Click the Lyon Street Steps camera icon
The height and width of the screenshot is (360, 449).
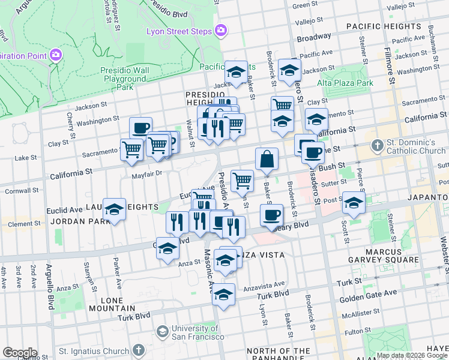click(221, 29)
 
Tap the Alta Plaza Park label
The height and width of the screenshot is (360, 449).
click(345, 83)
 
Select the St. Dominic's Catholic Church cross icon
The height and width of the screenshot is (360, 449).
click(377, 145)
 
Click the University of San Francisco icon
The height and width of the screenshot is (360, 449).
click(162, 331)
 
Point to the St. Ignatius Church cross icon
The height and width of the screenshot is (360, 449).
click(139, 350)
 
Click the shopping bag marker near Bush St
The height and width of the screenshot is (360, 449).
click(267, 160)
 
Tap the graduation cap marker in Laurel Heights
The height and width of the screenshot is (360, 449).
click(114, 210)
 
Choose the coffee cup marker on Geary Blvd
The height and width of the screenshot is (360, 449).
click(271, 215)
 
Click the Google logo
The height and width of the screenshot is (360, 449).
click(20, 353)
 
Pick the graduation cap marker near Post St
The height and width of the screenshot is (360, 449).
click(354, 203)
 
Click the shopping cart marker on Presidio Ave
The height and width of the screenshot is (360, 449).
click(243, 180)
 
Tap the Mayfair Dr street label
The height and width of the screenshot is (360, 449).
click(147, 174)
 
